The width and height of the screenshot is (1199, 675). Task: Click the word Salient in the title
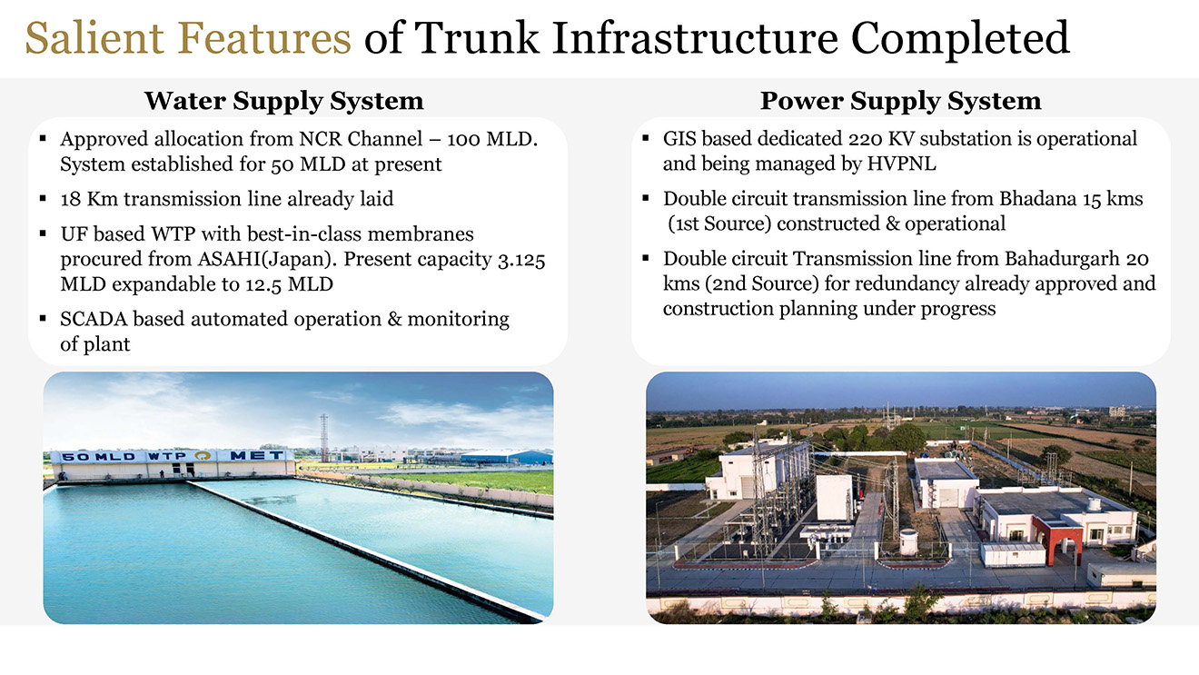95,37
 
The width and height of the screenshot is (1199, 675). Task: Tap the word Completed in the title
960,38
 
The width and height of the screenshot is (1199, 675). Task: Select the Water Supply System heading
283,101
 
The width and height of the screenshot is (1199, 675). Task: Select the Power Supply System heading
901,101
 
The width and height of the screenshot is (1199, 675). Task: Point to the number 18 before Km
70,199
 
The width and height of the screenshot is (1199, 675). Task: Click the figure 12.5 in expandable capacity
263,284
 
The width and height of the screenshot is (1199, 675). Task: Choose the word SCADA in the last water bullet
94,319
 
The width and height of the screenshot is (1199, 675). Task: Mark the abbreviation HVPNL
901,164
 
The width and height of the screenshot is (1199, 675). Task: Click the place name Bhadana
1038,199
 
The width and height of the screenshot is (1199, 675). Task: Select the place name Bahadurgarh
1062,260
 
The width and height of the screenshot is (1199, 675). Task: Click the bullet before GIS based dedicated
646,139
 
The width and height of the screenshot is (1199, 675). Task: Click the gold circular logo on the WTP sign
203,455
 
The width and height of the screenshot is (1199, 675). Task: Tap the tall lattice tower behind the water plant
324,438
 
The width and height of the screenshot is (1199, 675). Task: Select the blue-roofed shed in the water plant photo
506,457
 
